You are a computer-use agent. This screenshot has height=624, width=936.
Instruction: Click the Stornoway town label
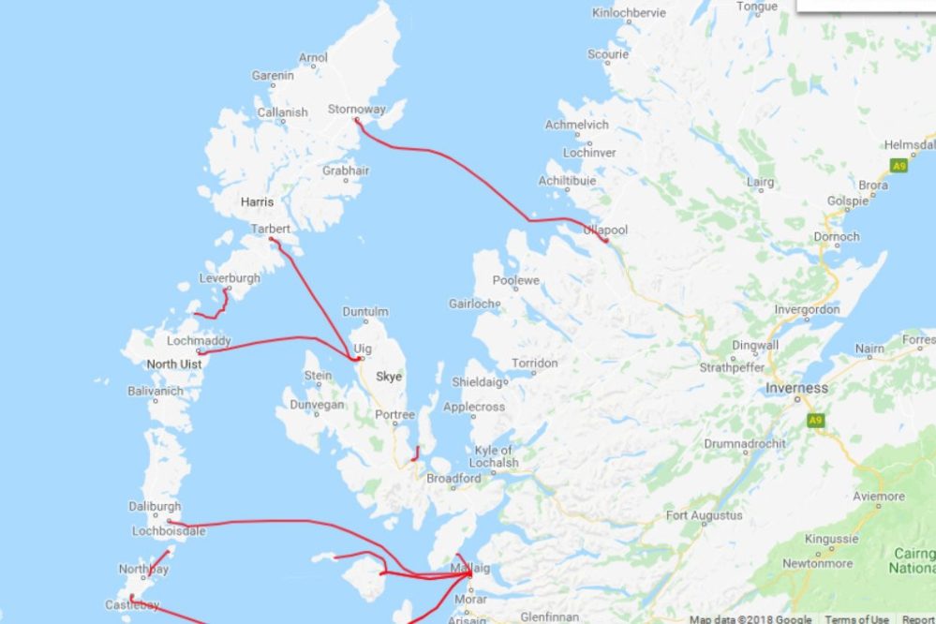356,110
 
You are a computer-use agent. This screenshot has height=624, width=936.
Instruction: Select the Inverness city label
796,388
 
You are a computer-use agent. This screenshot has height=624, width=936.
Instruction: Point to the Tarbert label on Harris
271,229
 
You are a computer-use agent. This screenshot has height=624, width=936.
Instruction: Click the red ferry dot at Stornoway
357,120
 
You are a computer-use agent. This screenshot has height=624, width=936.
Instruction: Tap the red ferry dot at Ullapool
606,241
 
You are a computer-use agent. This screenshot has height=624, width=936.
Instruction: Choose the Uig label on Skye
363,349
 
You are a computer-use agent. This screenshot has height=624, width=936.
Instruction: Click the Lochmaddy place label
199,341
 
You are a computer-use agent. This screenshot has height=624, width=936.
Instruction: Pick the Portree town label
394,414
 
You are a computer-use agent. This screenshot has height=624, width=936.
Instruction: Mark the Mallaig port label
469,568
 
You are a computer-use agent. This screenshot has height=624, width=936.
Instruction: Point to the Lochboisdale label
169,530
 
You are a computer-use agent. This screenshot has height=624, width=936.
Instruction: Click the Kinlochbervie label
629,13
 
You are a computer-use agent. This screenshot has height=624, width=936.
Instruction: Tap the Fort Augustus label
704,515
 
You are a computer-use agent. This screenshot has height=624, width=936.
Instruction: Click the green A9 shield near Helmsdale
899,166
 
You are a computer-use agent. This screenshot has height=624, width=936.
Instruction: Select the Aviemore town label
879,496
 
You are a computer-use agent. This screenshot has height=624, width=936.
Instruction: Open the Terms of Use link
856,619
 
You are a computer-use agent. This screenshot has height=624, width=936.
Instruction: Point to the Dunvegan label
318,405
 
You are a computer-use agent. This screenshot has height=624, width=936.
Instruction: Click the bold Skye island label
388,377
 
